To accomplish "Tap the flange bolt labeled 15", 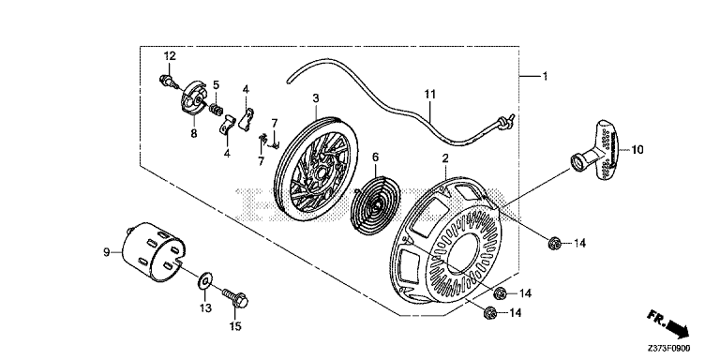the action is [234, 297].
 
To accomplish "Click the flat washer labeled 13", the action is [204, 281].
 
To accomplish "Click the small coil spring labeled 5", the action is [217, 111].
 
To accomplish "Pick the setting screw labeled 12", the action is [169, 82].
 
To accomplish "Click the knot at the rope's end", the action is [505, 120].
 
